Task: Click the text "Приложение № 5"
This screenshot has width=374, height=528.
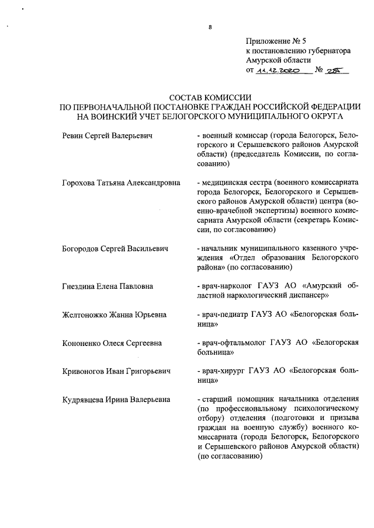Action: tap(276, 41)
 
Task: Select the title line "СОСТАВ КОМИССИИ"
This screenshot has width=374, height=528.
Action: tap(210, 97)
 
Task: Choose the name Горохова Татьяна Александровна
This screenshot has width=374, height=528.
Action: tap(120, 183)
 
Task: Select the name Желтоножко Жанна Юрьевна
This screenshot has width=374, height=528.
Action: tap(114, 315)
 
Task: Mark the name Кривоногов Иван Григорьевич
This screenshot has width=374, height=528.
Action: tap(116, 372)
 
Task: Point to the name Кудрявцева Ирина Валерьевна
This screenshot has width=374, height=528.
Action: tap(116, 400)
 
